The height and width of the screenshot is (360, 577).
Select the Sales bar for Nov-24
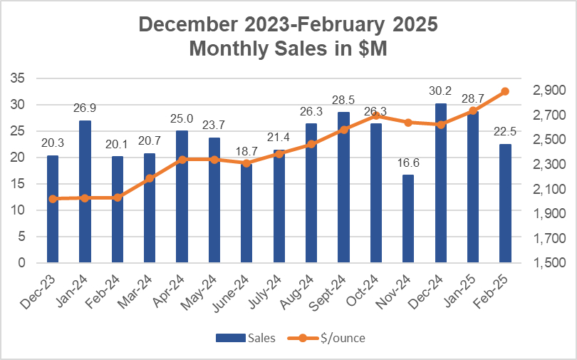408,219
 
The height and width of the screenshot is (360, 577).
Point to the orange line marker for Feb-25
505,91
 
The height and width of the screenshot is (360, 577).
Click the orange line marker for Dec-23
53,199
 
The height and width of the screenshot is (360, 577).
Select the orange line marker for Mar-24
150,179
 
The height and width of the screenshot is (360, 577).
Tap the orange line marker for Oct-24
375,115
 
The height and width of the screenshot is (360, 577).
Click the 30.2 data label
440,91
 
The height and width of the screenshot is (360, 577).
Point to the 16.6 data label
408,163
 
